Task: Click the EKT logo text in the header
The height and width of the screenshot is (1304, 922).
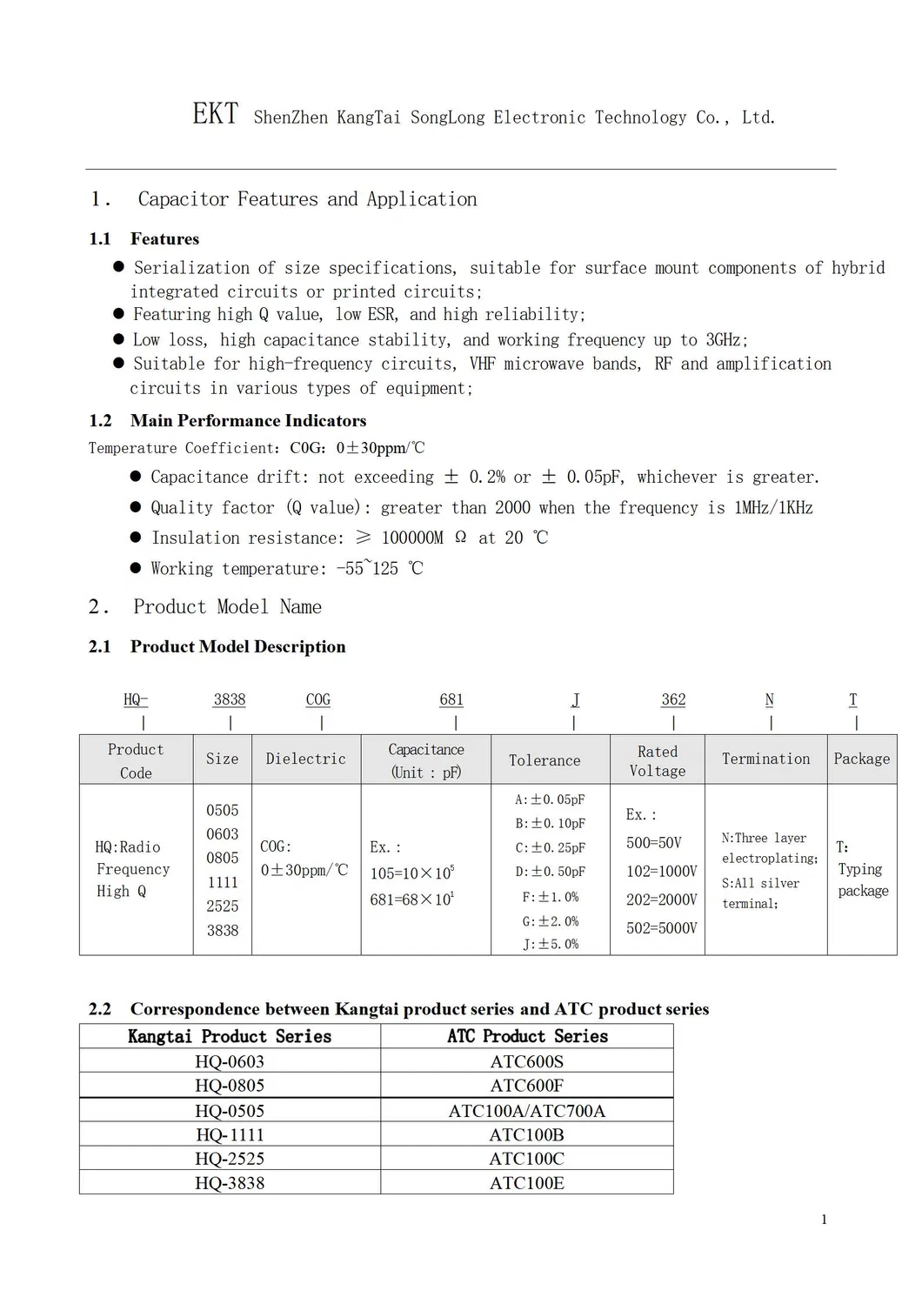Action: (215, 114)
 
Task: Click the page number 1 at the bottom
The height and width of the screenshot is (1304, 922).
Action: (824, 1220)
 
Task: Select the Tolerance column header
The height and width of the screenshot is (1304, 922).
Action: (545, 760)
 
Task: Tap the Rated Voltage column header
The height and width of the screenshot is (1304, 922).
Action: (658, 761)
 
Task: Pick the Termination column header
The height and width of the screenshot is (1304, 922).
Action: (765, 759)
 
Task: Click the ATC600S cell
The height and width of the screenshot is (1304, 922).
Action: (526, 1061)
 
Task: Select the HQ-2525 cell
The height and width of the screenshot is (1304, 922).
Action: (230, 1159)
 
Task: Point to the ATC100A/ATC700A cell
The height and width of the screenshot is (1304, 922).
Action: (526, 1111)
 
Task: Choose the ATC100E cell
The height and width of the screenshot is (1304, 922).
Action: (526, 1183)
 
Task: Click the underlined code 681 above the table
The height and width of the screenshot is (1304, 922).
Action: (451, 699)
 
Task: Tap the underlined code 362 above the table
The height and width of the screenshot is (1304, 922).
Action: (673, 699)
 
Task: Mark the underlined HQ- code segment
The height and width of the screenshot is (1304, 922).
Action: (136, 699)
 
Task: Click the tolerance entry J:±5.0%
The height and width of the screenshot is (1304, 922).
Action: (551, 944)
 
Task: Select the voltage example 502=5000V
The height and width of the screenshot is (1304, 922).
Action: (661, 928)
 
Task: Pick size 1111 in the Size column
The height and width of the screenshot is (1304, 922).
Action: (223, 882)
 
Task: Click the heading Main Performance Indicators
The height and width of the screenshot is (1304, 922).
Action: (248, 421)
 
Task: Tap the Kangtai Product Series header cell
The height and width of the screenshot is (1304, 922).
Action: (230, 1036)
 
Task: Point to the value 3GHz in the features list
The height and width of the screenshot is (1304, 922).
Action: (725, 340)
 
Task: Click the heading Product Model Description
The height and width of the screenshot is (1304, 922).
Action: (237, 646)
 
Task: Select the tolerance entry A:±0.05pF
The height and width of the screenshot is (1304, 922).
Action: (551, 799)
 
